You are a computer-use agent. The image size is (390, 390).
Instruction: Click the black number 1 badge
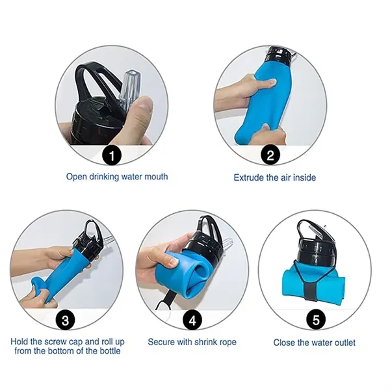[112, 156]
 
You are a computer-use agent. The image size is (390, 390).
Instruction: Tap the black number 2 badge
[270, 155]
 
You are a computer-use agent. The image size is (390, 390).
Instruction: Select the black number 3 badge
[65, 320]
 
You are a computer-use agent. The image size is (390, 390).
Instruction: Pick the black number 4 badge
[192, 320]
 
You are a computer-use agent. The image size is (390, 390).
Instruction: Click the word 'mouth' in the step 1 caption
[156, 177]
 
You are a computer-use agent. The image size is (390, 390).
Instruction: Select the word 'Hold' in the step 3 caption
[18, 341]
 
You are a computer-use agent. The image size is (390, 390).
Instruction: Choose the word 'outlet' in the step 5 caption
[343, 343]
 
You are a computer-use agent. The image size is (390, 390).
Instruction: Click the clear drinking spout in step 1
[128, 89]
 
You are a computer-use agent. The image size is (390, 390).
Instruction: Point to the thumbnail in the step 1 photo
[144, 102]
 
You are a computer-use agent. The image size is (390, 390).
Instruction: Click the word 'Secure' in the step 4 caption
[161, 342]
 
